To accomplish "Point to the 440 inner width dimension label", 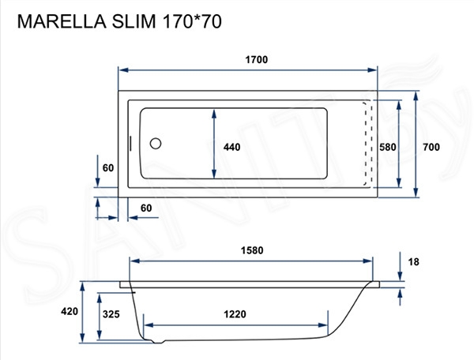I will [231, 147].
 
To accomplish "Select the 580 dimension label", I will [387, 147].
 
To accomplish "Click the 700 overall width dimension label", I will [431, 147].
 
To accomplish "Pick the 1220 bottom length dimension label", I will [235, 313].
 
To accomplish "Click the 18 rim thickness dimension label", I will [415, 262].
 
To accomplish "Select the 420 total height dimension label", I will [70, 312].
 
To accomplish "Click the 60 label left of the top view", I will [108, 167].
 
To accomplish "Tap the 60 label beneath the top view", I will [146, 208].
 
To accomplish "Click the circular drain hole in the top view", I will [156, 144].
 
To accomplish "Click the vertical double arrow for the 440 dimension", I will [215, 144].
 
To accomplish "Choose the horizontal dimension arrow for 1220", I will [235, 324].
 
